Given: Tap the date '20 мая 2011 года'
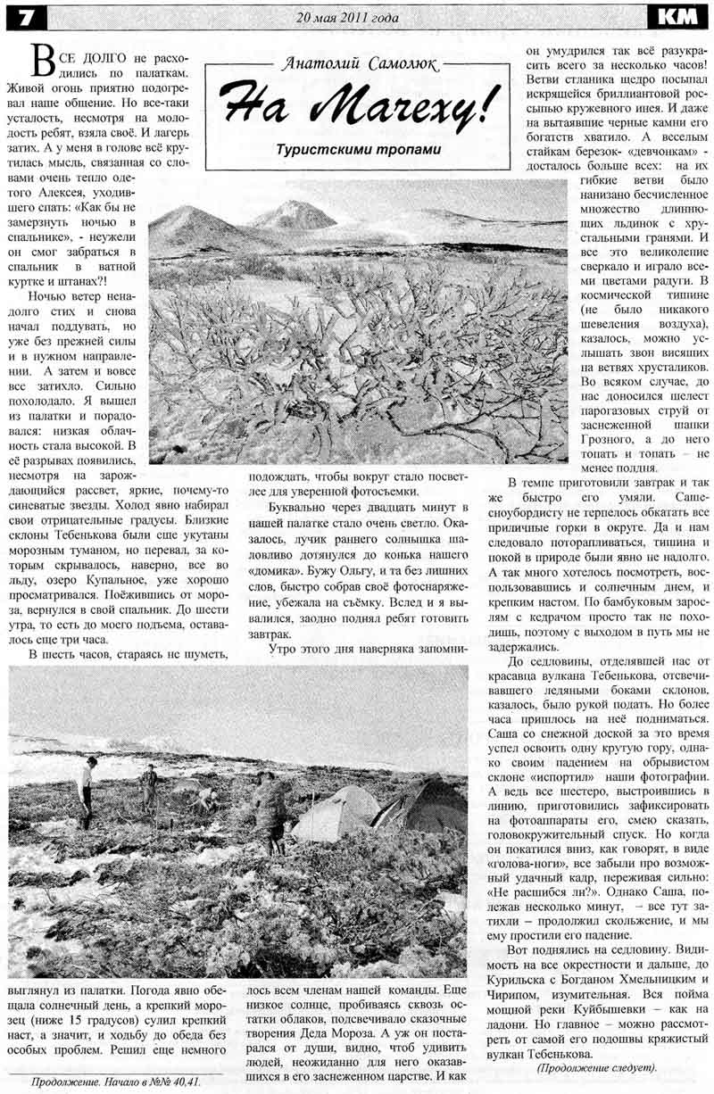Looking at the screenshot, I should (x=347, y=15).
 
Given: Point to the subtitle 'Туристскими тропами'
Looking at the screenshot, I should (x=358, y=149).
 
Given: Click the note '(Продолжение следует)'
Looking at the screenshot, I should (x=596, y=1067).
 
